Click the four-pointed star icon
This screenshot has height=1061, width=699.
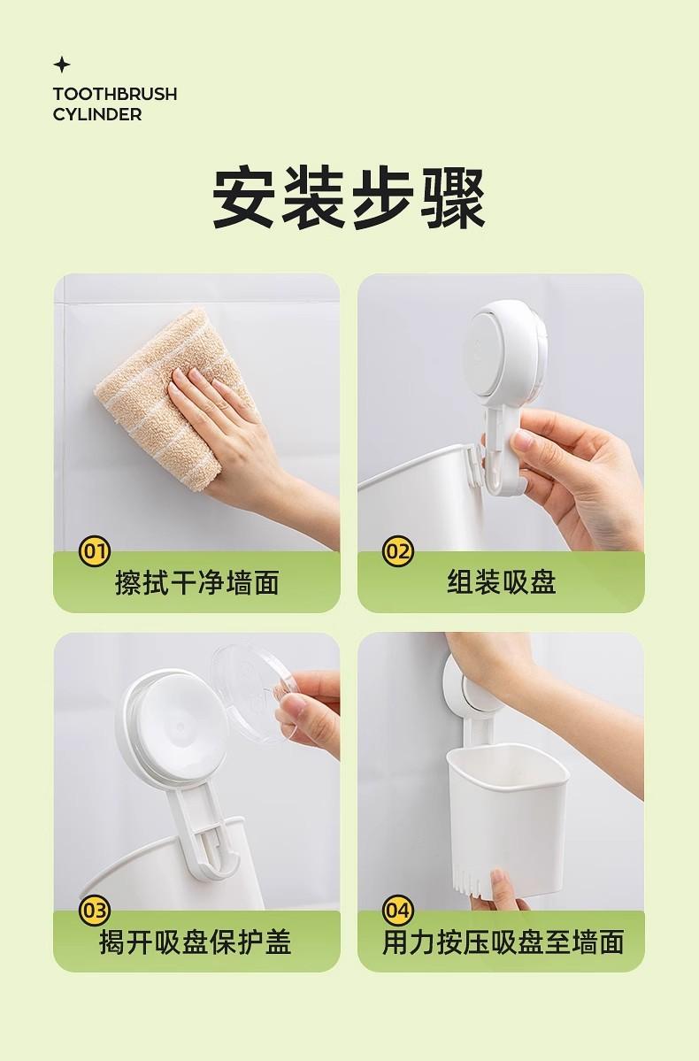(x=62, y=65)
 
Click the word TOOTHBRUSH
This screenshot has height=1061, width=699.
(x=115, y=94)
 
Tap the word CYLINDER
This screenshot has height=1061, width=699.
(x=97, y=114)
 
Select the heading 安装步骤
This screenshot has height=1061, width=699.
(x=349, y=198)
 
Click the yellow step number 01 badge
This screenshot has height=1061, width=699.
(x=94, y=551)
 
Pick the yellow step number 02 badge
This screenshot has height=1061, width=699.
(x=398, y=551)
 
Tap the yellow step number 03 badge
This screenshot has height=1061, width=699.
(x=94, y=910)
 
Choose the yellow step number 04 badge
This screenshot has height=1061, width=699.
(x=398, y=910)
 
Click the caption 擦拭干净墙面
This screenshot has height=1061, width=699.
(x=197, y=582)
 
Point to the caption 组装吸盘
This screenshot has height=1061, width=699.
(x=502, y=582)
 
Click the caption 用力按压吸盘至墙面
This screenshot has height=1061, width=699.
(x=503, y=942)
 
